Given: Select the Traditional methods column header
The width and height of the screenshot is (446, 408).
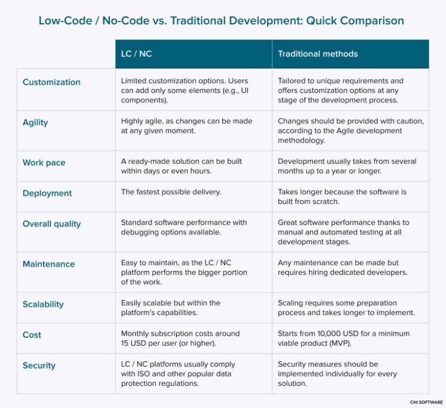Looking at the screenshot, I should tap(318, 54).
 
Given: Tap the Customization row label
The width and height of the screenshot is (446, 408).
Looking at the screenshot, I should tap(51, 83).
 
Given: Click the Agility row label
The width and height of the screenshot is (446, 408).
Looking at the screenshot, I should tap(35, 123).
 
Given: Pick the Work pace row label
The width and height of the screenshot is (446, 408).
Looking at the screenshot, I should tap(44, 163).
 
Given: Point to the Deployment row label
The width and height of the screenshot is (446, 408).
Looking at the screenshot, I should tap(47, 194).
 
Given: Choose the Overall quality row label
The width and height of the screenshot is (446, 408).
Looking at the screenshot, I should tap(52, 224).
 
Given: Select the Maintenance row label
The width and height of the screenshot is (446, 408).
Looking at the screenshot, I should tap(48, 264).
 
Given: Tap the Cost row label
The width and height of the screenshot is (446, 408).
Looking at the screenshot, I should tap(32, 335).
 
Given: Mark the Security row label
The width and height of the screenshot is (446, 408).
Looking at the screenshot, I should tap(39, 366).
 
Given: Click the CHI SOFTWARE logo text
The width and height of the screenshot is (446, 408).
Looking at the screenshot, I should tap(426, 402).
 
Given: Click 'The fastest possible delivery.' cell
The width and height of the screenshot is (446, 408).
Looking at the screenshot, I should tap(172, 192).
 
